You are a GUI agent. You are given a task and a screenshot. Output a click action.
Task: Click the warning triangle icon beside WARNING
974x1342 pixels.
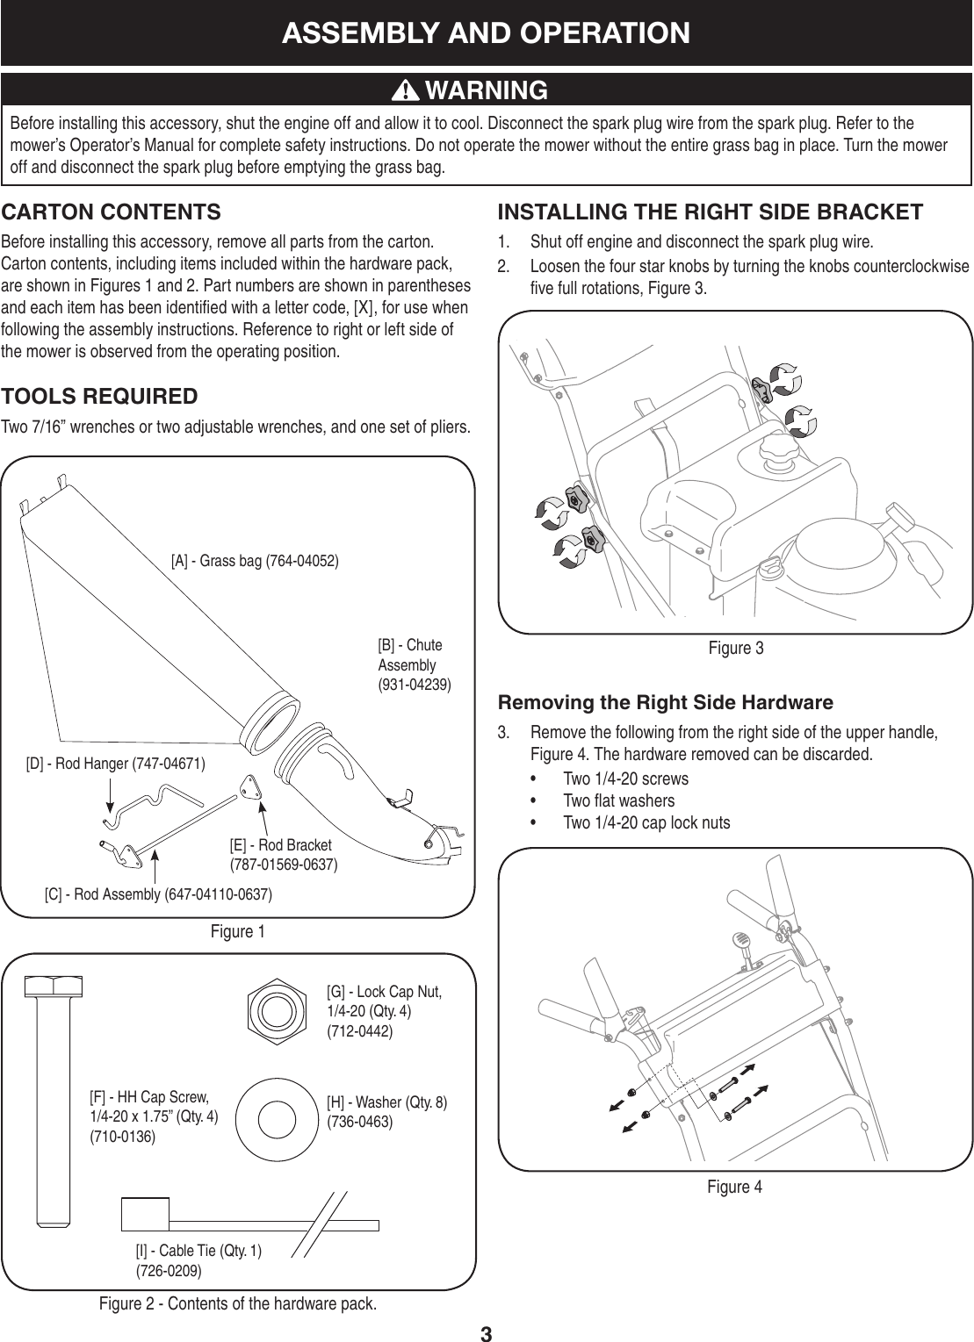408,90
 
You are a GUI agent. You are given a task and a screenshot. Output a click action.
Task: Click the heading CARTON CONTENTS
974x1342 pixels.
111,212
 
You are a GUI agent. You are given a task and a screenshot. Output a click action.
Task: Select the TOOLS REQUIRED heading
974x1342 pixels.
99,396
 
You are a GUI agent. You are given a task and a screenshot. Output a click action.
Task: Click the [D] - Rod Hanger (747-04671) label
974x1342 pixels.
116,764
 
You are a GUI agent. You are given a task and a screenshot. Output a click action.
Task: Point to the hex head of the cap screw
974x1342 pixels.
54,987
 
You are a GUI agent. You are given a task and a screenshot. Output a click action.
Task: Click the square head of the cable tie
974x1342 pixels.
145,1215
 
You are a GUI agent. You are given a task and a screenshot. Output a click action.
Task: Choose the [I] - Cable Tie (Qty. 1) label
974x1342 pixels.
198,1260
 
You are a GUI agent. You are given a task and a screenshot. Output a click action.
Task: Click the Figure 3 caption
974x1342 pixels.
735,649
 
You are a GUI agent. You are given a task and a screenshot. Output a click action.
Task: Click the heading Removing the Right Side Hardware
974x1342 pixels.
665,703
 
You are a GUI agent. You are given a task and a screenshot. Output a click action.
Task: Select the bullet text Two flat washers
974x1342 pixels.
618,800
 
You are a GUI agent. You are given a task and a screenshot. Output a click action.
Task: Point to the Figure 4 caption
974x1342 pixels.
735,1188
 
